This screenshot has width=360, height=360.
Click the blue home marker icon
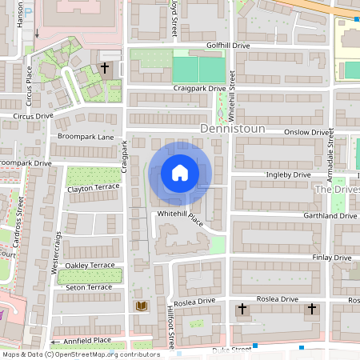click(x=180, y=173)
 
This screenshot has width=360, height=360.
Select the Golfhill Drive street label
click(x=228, y=46)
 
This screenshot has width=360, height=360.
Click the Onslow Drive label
click(x=310, y=133)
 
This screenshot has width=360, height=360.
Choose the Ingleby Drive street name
click(x=289, y=174)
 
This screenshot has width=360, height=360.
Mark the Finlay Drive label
click(x=332, y=258)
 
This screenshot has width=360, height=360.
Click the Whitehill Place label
click(x=181, y=218)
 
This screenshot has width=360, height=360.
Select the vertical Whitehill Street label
click(x=231, y=90)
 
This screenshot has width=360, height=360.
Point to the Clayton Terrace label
click(x=93, y=188)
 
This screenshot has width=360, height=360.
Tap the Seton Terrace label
click(x=89, y=287)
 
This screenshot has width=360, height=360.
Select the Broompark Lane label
click(x=86, y=137)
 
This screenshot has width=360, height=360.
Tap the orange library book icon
click(x=142, y=306)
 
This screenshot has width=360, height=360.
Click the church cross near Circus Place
click(x=105, y=69)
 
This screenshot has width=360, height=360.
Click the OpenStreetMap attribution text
click(x=80, y=354)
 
